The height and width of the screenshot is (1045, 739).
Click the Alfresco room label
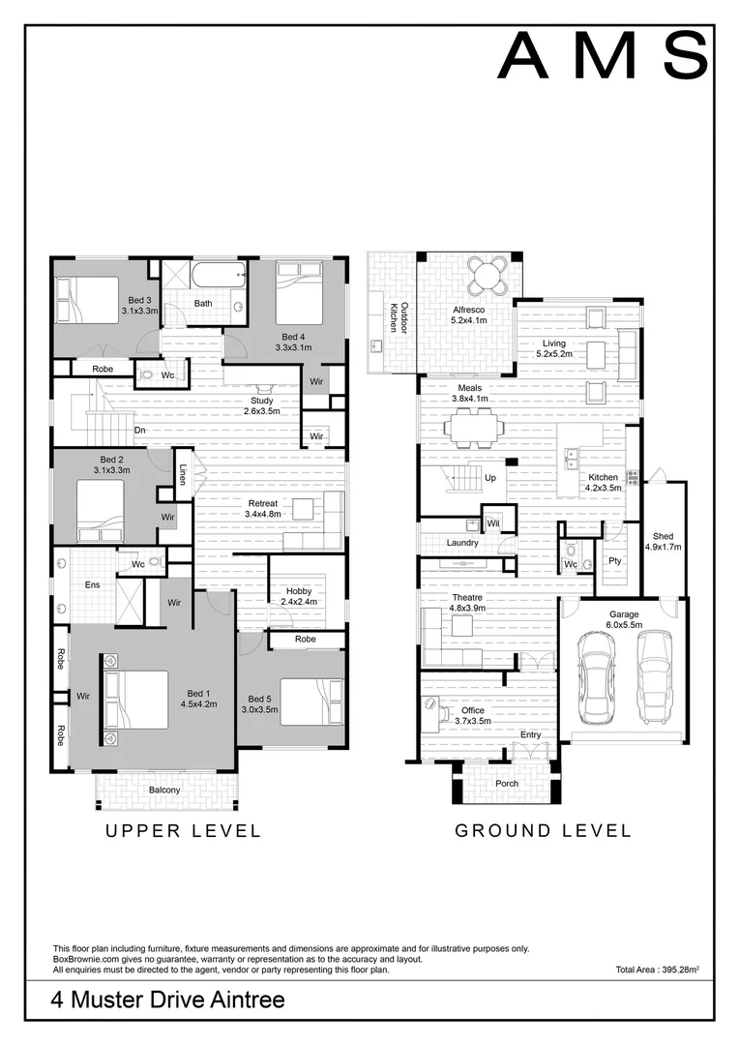pos(469,310)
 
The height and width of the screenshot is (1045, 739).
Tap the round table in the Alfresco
pos(486,275)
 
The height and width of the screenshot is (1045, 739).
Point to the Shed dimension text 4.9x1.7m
pos(663,547)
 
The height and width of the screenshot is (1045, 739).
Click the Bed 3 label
pos(140,301)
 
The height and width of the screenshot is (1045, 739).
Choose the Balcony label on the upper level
pos(164,790)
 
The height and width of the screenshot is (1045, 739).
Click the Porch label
pos(507,784)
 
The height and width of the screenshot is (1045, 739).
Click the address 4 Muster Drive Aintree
pos(168,1000)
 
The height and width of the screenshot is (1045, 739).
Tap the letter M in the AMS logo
pos(606,57)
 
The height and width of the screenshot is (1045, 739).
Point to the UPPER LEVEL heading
pos(183,831)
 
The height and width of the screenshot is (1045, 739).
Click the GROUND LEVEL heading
pos(543,831)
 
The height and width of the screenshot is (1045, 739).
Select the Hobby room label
pos(299,591)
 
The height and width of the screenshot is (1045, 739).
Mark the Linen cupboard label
pos(182,474)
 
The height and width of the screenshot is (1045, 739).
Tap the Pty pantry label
pos(615,561)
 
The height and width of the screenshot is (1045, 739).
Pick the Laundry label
pos(462,543)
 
